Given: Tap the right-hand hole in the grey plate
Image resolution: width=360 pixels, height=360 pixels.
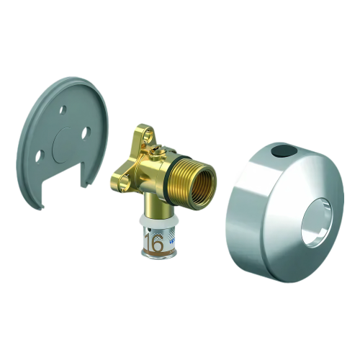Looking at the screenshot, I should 86,132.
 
